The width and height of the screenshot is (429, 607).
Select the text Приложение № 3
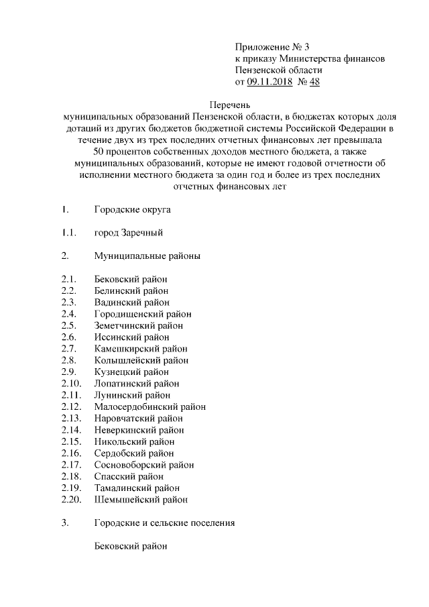coord(272,47)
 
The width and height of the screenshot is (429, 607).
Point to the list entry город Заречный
coord(129,233)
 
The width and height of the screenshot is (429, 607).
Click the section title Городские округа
coord(133,210)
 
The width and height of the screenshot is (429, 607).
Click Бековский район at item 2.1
coord(131,279)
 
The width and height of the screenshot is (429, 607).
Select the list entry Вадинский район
coord(131,302)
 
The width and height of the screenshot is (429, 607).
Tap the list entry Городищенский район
coord(143,314)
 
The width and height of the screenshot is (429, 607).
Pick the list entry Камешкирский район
coord(141,349)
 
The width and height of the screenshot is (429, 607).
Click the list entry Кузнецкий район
coord(131,372)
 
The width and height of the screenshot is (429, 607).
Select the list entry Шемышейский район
coord(141,500)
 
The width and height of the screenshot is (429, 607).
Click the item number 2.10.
coord(70,384)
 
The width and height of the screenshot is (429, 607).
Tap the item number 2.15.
coord(70,441)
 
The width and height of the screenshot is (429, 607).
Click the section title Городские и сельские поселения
coord(164,522)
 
